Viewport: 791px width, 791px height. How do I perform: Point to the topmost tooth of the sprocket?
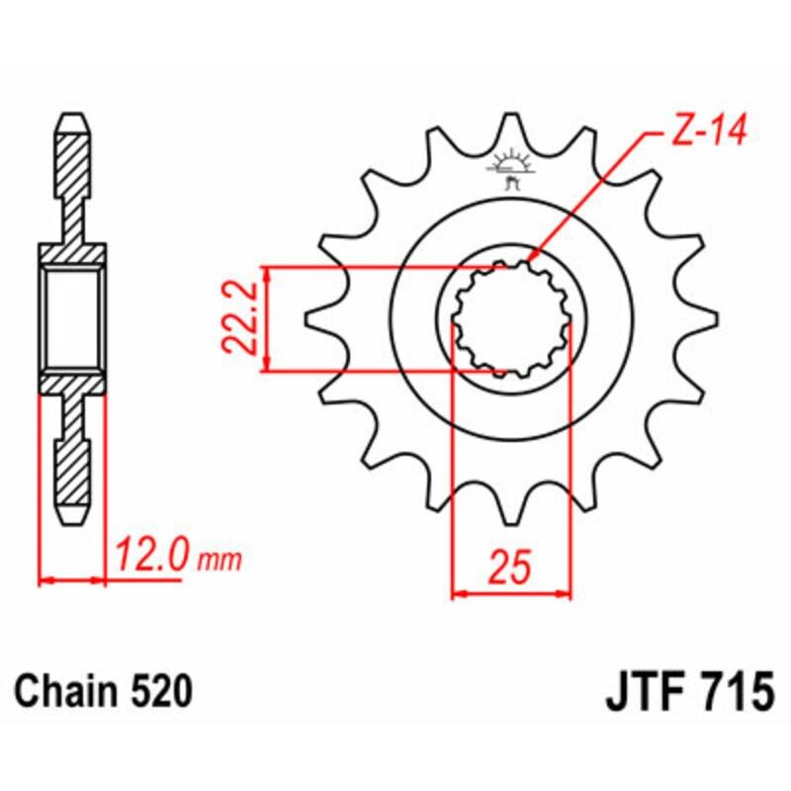(511, 127)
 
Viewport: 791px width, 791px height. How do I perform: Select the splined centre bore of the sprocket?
(511, 319)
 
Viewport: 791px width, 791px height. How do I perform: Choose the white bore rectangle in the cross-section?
(72, 319)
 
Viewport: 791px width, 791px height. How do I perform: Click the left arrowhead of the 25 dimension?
(457, 594)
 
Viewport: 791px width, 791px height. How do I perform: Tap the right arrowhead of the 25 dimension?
(567, 594)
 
